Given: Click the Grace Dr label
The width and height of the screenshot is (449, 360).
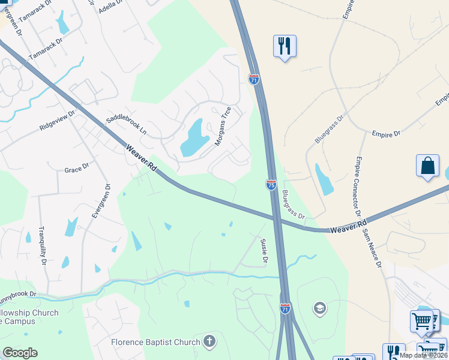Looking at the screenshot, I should [x=76, y=170].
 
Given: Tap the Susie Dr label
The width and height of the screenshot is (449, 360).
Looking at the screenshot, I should [x=263, y=250].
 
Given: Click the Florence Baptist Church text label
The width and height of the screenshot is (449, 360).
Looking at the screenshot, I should [x=155, y=342].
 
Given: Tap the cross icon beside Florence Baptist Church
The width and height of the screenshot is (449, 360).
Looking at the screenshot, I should [x=209, y=342].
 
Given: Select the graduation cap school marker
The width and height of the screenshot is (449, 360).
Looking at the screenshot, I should [x=320, y=309].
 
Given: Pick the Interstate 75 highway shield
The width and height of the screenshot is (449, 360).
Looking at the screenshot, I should [x=271, y=185].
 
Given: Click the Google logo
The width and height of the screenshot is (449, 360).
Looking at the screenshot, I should [x=20, y=353].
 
